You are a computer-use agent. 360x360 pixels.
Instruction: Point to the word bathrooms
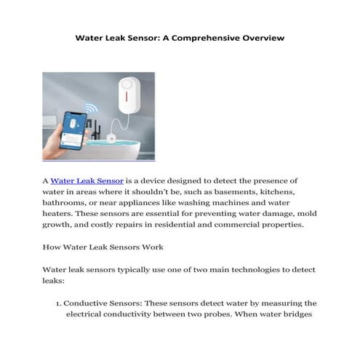[x=68, y=206]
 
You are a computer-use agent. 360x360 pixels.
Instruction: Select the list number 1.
[x=57, y=303]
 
